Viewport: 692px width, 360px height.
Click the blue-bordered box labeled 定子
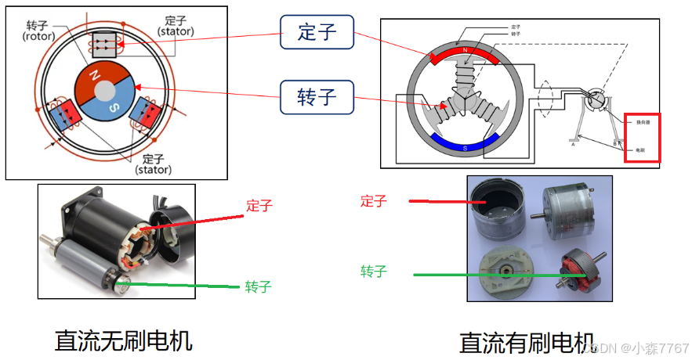coord(317,33)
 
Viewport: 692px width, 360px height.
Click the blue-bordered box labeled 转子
coord(317,97)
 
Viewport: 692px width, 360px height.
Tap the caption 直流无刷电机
coord(124,340)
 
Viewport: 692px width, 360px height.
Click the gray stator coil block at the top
coord(104,45)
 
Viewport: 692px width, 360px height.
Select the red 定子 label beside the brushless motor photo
coord(259,206)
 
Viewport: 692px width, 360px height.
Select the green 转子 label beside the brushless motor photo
coord(258,286)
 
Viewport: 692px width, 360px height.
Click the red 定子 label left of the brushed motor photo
coord(373,200)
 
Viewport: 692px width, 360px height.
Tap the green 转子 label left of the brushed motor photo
coord(373,272)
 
